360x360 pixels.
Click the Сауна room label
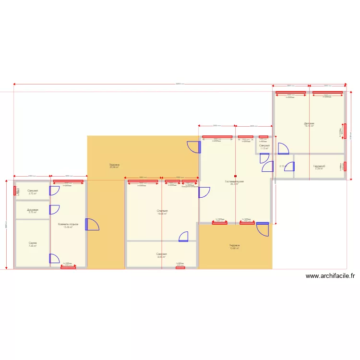tap(33, 244)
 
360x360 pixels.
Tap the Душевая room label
tap(33, 210)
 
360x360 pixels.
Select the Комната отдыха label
tap(68, 225)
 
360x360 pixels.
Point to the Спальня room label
tap(162, 212)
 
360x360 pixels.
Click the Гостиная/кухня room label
tap(234, 182)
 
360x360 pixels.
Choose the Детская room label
tap(309, 124)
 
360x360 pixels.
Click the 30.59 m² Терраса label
tap(114, 166)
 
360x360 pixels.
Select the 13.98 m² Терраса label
tap(234, 246)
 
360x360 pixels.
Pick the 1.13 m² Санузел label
tap(264, 146)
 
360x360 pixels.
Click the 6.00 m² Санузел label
tap(161, 254)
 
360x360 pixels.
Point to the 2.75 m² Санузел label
tap(33, 192)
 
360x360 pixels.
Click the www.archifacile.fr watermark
tap(330, 276)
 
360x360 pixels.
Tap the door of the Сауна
tap(54, 259)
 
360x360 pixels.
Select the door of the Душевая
tap(54, 210)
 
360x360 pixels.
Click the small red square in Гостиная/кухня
tap(235, 176)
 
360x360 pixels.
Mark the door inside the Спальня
tap(183, 236)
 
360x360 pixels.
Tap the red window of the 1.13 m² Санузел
tap(263, 137)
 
